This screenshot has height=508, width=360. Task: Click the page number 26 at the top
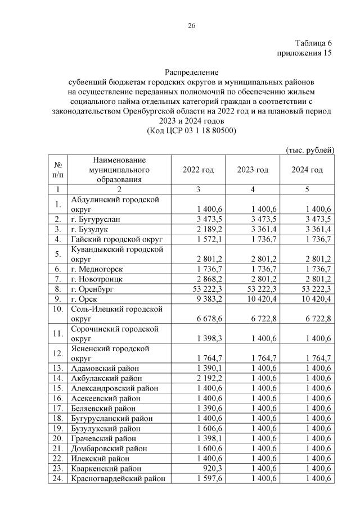point(191,25)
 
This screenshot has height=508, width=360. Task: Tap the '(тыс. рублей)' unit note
point(310,150)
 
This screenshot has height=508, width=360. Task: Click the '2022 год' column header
point(199,170)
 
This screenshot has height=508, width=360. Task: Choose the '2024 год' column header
point(307,170)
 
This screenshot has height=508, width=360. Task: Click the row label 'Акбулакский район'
point(105,378)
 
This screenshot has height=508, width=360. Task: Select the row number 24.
point(57,479)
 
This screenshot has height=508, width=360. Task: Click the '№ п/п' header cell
point(57,170)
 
